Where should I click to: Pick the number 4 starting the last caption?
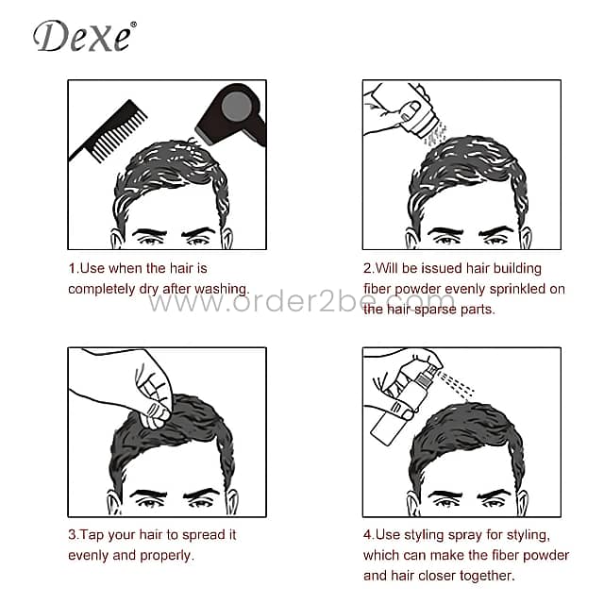(367, 534)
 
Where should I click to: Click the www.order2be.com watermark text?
(301, 303)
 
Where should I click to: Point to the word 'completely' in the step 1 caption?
(103, 289)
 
